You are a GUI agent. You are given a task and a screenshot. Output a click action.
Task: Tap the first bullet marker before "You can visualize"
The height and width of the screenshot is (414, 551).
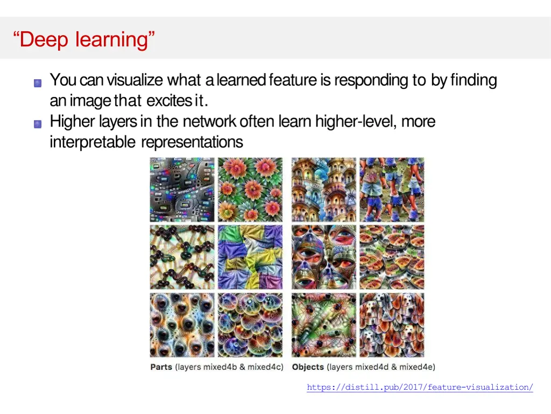[38, 83]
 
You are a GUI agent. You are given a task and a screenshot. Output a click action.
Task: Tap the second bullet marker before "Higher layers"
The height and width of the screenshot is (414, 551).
[38, 124]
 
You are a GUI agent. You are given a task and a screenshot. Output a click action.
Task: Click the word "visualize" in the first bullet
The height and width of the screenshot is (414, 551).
[135, 80]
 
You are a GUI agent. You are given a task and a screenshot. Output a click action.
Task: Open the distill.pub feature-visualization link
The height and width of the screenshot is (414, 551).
[420, 387]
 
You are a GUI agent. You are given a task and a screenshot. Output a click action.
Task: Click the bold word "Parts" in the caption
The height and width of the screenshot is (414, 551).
[161, 367]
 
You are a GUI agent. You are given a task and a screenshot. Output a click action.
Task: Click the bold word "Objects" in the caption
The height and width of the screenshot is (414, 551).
[308, 367]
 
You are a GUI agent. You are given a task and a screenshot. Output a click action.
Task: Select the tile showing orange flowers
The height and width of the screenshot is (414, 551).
[250, 190]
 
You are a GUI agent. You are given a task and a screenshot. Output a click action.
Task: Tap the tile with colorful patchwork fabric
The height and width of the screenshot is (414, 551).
[250, 257]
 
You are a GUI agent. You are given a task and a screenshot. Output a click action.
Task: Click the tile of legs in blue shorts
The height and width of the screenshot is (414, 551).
[392, 190]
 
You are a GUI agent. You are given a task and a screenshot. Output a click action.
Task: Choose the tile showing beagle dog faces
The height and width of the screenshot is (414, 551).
[392, 325]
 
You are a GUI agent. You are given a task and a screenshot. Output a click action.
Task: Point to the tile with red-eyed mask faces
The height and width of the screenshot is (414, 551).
[324, 257]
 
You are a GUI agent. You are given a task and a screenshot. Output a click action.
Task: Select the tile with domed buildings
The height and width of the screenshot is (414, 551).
[324, 190]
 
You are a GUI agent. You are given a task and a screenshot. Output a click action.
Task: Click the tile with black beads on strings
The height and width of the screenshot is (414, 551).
[182, 257]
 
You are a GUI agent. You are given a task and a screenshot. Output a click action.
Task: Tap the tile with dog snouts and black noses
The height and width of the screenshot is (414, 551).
[182, 325]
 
